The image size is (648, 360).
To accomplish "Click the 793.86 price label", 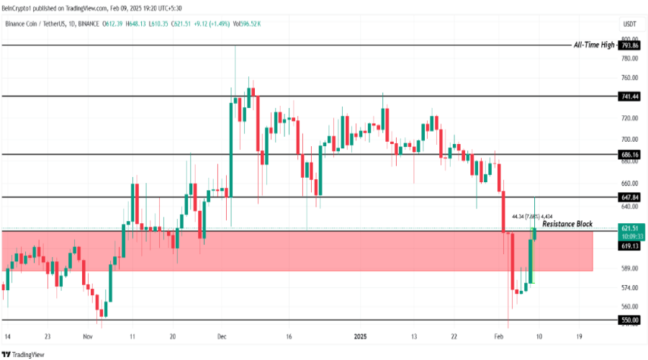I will coord(630,45).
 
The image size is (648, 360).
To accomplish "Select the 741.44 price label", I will coord(629,96).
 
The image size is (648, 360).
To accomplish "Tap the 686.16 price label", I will coord(629,154).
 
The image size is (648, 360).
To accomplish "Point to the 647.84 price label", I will coord(629,197).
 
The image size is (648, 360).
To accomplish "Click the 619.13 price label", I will coord(629,246).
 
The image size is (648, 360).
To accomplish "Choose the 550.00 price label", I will coord(629,320).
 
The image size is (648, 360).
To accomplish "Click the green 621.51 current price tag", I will coord(629,228).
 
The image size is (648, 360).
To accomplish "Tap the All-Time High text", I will coord(595,45).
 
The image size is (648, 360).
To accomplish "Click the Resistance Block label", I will coord(567,224).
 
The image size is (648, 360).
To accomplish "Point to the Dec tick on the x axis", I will coord(222,336).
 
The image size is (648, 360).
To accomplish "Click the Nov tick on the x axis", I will coord(87,336).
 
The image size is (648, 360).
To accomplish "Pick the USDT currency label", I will coord(629,24).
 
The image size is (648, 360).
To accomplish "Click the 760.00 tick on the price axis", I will coord(629,78).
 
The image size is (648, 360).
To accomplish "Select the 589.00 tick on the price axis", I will coord(629,269).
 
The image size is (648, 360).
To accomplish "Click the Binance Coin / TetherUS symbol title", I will coord(50,24).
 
